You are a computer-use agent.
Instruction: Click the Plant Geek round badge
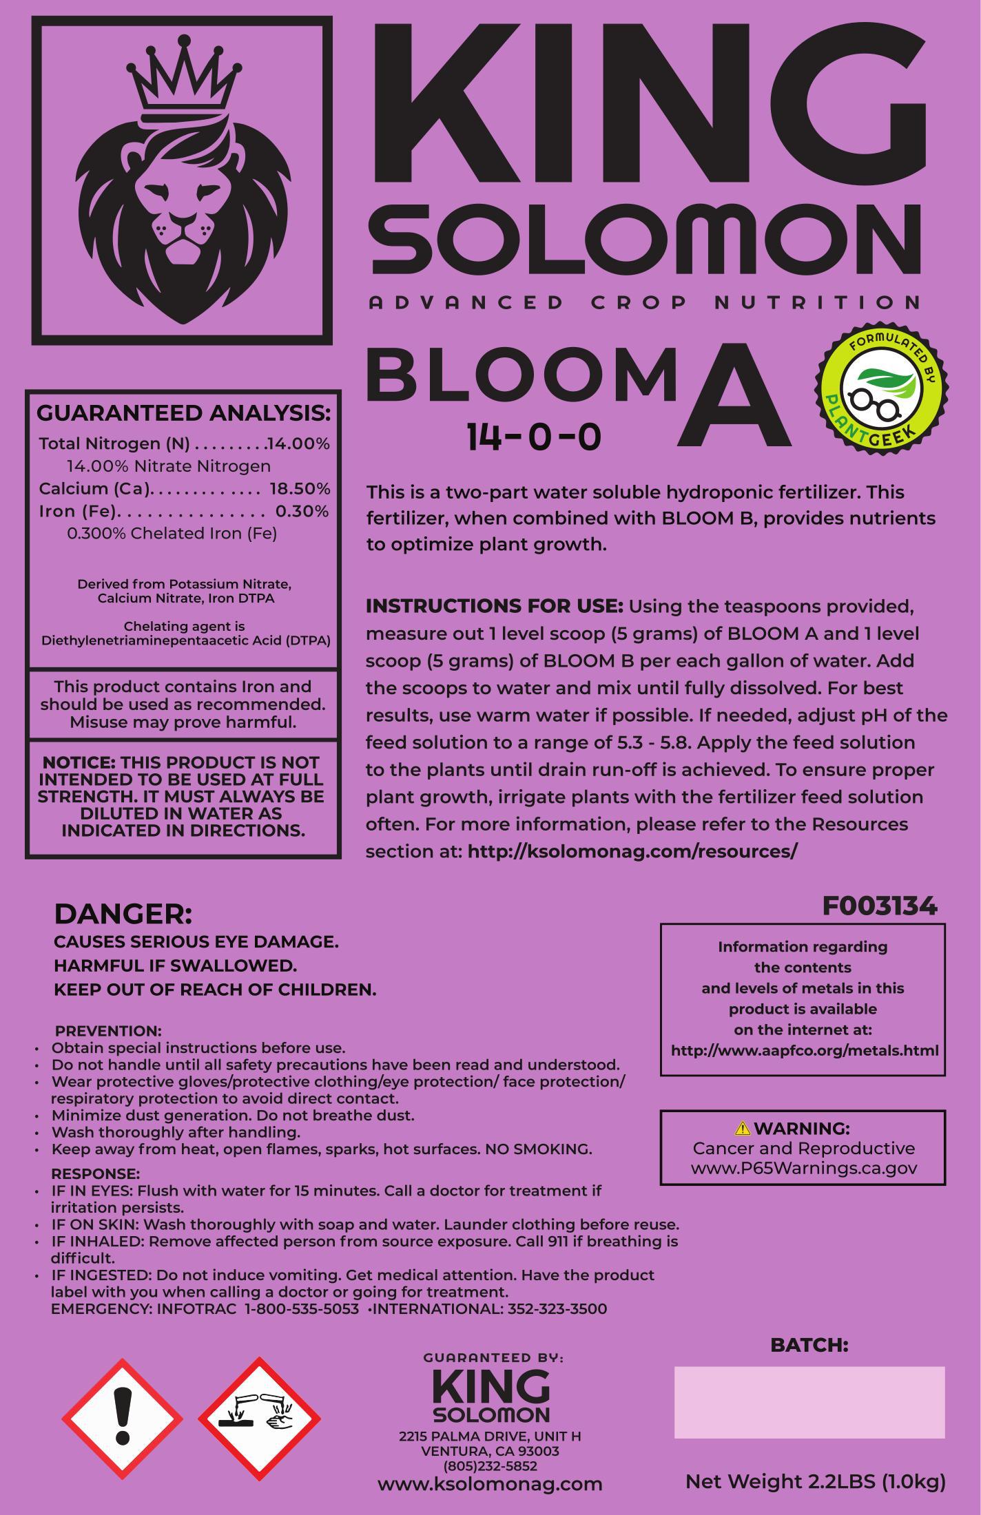(882, 390)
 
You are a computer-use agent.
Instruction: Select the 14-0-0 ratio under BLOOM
(534, 437)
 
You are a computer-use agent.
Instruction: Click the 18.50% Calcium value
(300, 489)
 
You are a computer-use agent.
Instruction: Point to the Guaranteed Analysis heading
(183, 413)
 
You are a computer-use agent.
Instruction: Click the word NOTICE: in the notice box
(79, 763)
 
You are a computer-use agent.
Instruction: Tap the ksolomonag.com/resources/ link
(632, 851)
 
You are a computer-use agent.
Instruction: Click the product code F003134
(880, 906)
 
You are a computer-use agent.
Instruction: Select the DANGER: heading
(123, 915)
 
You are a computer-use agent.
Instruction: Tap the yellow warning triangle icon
(742, 1128)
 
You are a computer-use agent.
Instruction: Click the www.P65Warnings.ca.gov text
(803, 1168)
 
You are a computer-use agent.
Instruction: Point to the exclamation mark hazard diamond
(123, 1419)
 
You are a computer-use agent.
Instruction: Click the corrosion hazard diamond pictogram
(259, 1419)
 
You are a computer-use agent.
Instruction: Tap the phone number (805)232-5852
(490, 1466)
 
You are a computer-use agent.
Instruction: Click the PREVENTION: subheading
(108, 1031)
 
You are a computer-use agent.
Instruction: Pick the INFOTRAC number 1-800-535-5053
(302, 1309)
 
